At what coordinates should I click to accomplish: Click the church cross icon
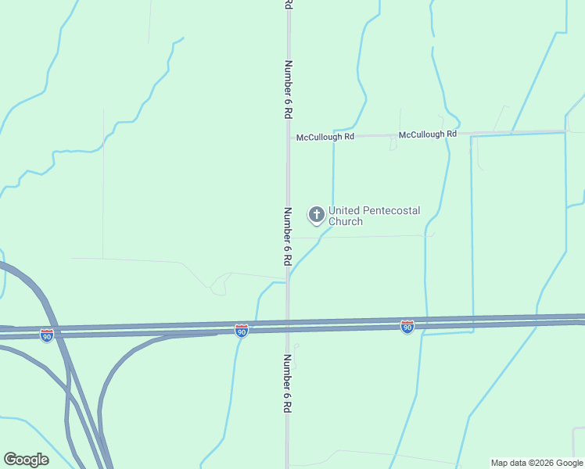317,214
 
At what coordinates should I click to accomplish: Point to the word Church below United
346,222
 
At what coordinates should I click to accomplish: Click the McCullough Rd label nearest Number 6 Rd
325,137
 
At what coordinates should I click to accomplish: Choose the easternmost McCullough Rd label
427,134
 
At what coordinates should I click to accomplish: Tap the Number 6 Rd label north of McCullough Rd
289,89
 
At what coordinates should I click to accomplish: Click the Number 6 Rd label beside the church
288,235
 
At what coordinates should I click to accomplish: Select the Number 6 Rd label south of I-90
288,384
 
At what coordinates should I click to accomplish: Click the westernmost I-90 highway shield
47,335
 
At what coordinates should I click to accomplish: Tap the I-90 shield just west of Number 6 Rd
242,331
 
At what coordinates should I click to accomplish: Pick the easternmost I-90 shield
407,327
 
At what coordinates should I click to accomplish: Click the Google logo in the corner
27,460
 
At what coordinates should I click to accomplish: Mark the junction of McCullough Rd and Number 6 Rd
289,138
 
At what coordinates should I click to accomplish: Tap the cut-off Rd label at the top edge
288,4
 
